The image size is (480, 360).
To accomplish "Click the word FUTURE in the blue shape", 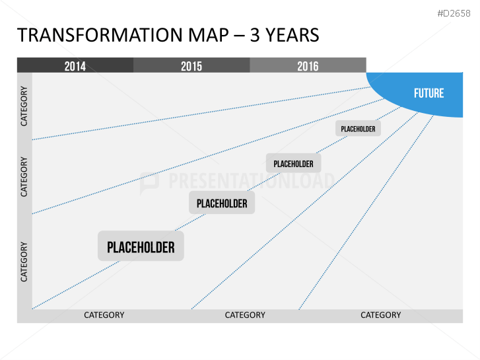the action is click(429, 93).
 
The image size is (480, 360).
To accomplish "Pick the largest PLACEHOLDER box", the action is click(141, 246).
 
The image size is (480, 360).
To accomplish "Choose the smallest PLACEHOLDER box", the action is click(358, 128).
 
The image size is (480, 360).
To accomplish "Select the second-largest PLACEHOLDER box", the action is click(222, 203).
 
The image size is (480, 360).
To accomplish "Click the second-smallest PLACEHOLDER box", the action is click(293, 163).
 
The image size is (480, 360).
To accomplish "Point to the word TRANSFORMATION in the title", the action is click(100, 35).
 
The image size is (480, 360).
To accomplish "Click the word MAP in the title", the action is click(208, 35).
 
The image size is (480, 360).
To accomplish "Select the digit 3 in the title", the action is click(255, 35).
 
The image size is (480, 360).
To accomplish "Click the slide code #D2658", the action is click(454, 13).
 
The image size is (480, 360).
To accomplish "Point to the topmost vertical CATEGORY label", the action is click(24, 106).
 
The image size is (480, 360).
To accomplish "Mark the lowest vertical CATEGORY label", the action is click(24, 262).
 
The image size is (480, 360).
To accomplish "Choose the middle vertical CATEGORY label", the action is click(24, 177).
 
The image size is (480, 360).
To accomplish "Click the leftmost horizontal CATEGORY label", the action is click(104, 315).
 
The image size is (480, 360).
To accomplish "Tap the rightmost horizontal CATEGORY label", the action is click(380, 315).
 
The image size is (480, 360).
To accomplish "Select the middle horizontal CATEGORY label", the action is click(245, 315).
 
